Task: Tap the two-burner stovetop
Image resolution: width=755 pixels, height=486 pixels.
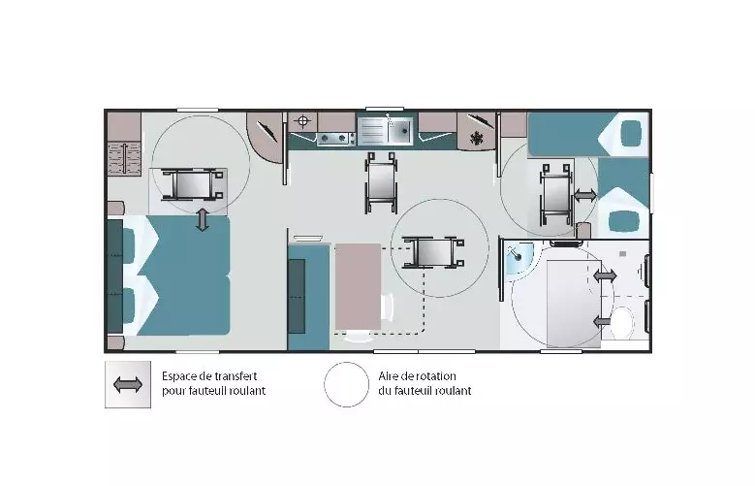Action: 332,139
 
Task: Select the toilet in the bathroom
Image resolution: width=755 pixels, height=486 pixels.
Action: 622,321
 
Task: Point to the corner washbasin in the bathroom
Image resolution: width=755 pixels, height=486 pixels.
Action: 519,258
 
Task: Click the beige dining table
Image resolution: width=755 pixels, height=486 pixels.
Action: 358,286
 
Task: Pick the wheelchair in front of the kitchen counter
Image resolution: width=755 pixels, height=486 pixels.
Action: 381,182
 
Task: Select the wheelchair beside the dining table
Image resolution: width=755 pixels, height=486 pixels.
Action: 433,252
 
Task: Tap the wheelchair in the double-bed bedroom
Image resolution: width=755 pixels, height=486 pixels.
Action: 193,184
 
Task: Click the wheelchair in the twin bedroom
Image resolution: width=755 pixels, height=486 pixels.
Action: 557,195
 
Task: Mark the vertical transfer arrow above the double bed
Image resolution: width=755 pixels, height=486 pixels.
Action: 203,219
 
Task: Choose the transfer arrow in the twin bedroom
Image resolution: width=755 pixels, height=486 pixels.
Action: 585,195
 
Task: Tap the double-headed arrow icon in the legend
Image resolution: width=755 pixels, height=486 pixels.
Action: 128,385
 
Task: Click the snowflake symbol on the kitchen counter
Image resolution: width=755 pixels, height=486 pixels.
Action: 477,138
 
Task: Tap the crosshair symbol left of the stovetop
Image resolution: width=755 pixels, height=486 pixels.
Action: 302,121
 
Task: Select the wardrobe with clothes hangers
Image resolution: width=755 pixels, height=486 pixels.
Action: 124,159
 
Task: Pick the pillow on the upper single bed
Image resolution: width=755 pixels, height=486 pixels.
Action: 631,133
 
